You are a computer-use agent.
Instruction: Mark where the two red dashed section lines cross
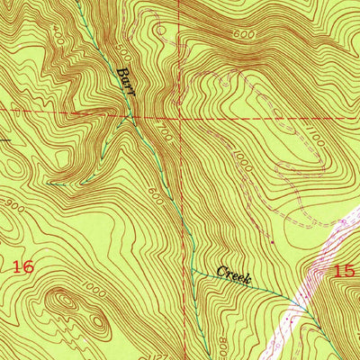[179, 114]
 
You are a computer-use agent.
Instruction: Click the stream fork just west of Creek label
[192, 268]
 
